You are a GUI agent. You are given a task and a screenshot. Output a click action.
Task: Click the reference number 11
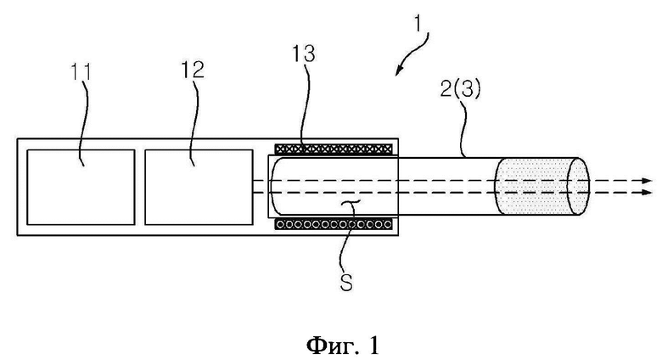[x=81, y=72]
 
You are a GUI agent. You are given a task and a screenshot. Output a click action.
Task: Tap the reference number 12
[x=193, y=70]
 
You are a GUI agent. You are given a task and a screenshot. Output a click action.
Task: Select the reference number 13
[x=304, y=53]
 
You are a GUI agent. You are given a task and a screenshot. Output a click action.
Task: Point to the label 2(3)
[x=460, y=89]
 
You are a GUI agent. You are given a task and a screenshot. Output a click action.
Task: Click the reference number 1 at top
[x=418, y=24]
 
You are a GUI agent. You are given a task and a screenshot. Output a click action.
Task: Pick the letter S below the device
[x=346, y=283]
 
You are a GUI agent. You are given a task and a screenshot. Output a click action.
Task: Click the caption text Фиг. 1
[x=342, y=346]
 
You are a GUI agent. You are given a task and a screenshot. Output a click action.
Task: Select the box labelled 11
[x=81, y=187]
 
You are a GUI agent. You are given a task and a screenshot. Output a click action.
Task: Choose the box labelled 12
[x=199, y=187]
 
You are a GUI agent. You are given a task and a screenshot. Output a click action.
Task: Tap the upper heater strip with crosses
[x=333, y=149]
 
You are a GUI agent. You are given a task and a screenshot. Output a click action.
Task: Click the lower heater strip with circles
[x=333, y=224]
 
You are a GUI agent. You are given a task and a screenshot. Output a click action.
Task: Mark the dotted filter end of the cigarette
[x=541, y=186]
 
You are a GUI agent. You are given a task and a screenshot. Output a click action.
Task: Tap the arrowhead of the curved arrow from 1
[x=398, y=72]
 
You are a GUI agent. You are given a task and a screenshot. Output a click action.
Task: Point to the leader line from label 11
[x=85, y=122]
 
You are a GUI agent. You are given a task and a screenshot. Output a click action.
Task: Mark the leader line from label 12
[x=195, y=121]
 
